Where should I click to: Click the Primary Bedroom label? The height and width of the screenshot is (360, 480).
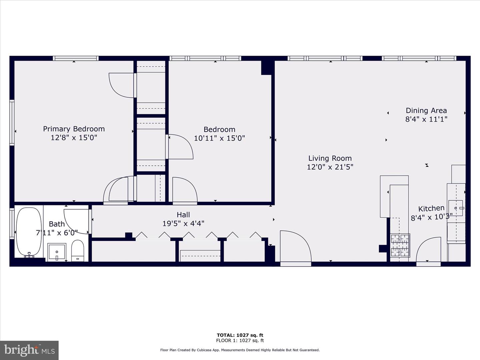pos(74,129)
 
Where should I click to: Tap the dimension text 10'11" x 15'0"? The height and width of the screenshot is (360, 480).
pos(219,138)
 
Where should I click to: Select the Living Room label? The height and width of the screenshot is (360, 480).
pos(330,158)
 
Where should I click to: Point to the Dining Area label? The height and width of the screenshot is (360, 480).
pos(426,111)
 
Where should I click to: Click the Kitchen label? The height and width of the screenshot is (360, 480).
pos(431,209)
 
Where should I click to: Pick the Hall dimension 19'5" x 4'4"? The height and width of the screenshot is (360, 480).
pos(183,223)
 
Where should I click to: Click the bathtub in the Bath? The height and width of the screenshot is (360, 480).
pos(29,231)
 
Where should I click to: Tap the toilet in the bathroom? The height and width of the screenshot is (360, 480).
pos(78,250)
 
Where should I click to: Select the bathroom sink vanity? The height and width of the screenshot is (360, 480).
pos(57,252)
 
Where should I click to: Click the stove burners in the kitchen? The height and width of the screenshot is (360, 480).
pos(400,246)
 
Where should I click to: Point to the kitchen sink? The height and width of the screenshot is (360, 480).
pos(456,208)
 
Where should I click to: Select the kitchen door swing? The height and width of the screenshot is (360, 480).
pos(429,250)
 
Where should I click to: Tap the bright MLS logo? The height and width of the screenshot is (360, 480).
pos(29,350)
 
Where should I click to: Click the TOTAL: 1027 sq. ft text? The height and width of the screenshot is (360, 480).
pos(240,335)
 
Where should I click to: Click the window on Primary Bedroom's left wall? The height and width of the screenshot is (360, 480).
pos(12,122)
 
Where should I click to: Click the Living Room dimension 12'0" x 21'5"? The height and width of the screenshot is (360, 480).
pos(330,167)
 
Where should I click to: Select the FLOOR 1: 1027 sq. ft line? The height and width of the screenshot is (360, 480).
pos(240,341)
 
